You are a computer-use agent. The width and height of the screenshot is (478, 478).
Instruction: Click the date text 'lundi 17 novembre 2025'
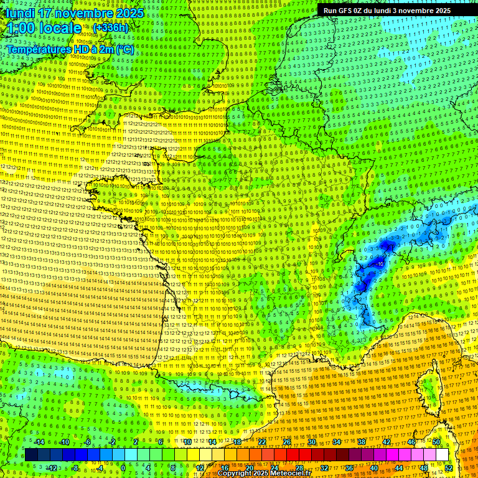[x=75, y=13]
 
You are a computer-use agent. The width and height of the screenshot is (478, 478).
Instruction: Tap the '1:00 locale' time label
[x=44, y=28]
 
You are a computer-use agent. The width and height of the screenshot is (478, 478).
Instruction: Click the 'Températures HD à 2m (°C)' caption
[x=71, y=49]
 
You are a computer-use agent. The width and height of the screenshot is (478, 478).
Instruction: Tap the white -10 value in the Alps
[x=380, y=264]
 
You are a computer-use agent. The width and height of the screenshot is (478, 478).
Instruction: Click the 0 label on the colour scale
[x=123, y=467]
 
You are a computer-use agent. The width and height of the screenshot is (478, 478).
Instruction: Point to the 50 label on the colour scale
[x=436, y=442]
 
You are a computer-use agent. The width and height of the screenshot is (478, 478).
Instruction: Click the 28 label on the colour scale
[x=299, y=467]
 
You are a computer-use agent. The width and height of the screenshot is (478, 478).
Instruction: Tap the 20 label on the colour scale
[x=249, y=467]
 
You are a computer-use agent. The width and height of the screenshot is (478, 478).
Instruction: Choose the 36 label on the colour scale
[x=349, y=467]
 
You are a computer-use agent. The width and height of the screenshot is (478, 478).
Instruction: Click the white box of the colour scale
[x=442, y=455]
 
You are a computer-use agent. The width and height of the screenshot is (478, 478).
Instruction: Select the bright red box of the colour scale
[x=293, y=455]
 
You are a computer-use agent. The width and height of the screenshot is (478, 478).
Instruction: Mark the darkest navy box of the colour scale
[x=31, y=455]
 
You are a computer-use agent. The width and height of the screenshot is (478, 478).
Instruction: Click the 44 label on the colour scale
[x=399, y=467]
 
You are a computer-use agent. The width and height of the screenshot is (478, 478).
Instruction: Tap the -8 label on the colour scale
[x=75, y=467]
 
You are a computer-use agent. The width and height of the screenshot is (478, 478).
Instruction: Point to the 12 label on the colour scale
[x=199, y=467]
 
